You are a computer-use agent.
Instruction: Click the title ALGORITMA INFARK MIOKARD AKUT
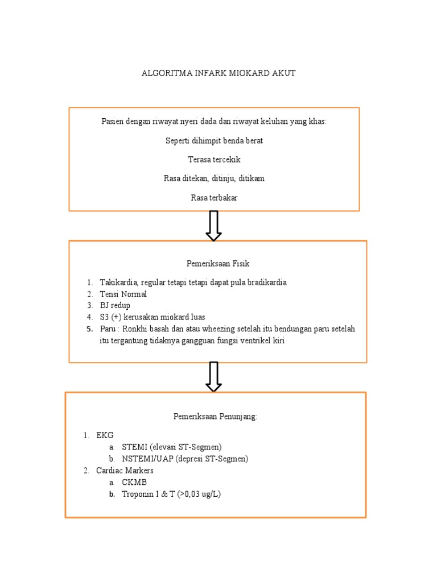point(218,73)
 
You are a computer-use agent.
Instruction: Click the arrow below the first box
point(213,226)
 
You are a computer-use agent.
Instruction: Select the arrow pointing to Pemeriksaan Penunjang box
point(213,376)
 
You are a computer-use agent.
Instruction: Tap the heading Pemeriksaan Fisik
point(218,264)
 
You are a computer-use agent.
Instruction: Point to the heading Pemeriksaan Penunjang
point(215,417)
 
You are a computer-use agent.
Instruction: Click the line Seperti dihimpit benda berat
point(214,140)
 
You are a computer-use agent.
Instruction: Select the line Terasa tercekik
point(214,160)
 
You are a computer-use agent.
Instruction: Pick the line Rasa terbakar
point(214,198)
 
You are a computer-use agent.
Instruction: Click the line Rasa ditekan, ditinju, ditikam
point(214,178)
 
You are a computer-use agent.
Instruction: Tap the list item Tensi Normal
point(123,294)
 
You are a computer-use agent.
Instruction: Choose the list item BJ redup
point(115,305)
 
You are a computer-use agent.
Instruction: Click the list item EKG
point(105,435)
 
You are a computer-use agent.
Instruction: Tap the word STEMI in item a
point(135,447)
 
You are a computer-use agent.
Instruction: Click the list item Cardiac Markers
point(125,471)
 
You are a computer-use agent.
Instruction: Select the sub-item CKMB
point(134,482)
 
